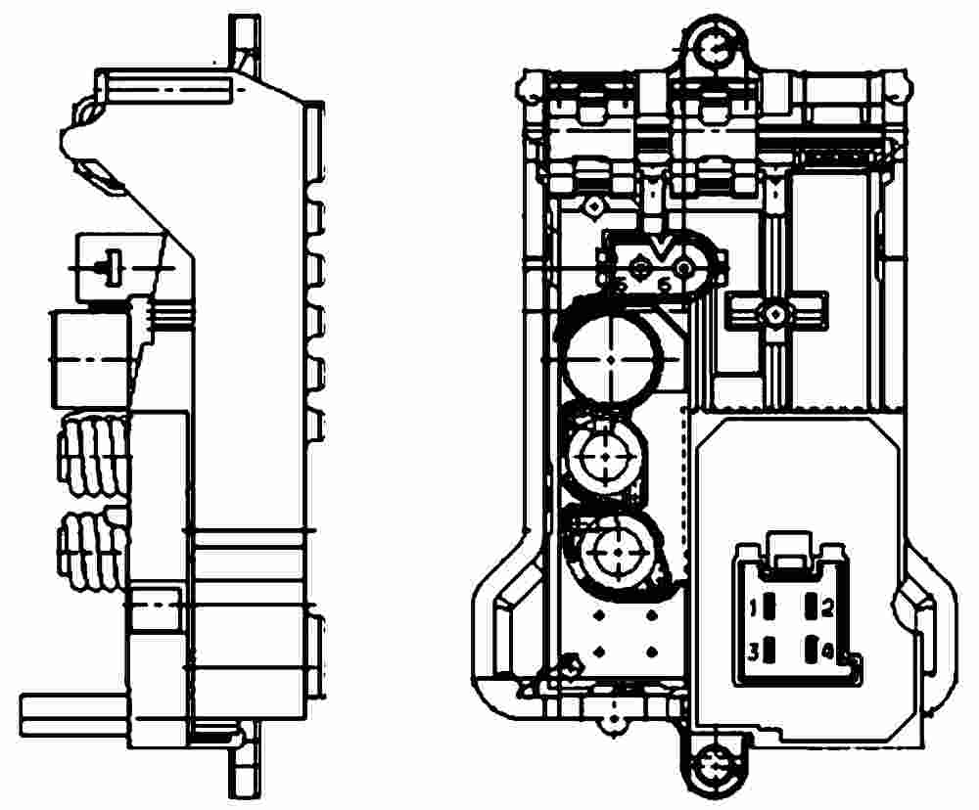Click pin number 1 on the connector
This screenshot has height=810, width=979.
point(769,608)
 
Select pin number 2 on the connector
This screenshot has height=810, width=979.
point(812,608)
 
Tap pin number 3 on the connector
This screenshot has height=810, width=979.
point(769,650)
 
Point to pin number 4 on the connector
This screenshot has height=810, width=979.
point(812,650)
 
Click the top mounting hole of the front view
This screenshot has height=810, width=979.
point(714,45)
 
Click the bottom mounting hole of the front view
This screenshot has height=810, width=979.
point(712,761)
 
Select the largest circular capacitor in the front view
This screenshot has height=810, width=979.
point(613,357)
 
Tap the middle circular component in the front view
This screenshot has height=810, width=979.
point(604,455)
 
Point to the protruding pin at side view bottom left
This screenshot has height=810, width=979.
point(69,714)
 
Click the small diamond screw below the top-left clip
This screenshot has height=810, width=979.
point(592,206)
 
